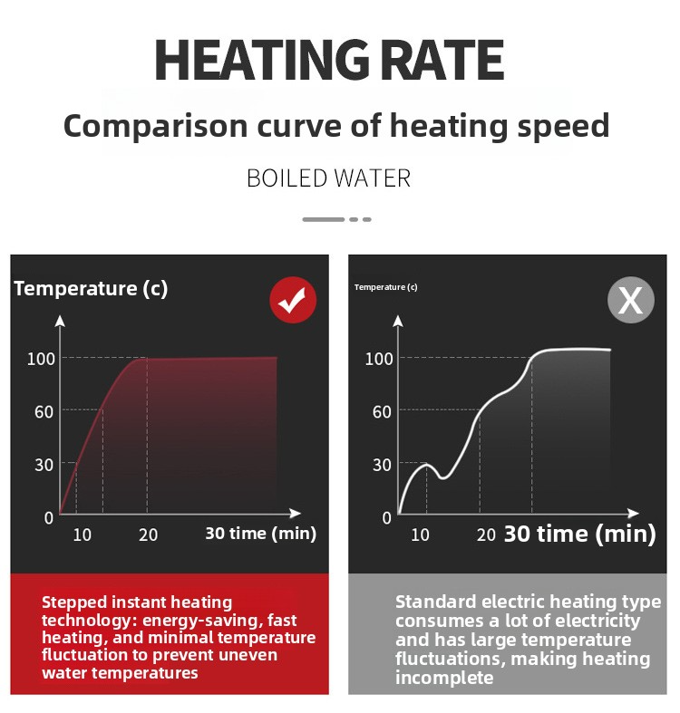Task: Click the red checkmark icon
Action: [x=293, y=301]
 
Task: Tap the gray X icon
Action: [x=630, y=301]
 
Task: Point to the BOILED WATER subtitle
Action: [x=328, y=178]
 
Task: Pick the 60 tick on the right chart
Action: [x=382, y=411]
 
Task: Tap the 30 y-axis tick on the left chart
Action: [x=44, y=464]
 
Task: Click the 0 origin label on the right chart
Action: [x=387, y=517]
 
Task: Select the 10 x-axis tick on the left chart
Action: [x=82, y=535]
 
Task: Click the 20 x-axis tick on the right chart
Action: [x=486, y=535]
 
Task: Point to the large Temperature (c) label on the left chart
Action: [x=91, y=289]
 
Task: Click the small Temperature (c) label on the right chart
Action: [x=386, y=287]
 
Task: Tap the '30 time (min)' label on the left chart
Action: [x=260, y=533]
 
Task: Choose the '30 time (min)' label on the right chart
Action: [x=579, y=534]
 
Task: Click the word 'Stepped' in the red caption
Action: [x=73, y=602]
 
